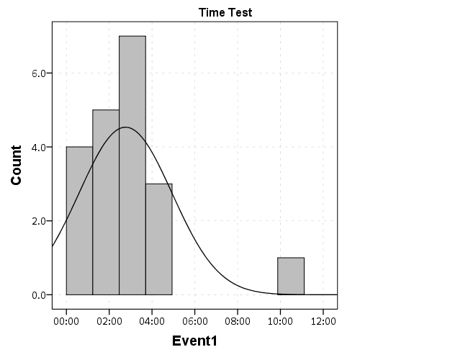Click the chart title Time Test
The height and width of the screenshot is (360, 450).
(x=225, y=12)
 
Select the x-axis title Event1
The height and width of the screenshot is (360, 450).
(x=194, y=341)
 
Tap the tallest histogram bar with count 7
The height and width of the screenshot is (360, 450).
(x=132, y=165)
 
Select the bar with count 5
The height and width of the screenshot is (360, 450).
(x=106, y=202)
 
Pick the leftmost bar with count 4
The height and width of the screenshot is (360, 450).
(x=79, y=220)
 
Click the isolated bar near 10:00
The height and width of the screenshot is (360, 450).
(x=291, y=276)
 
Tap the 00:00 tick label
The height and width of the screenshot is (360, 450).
(x=66, y=320)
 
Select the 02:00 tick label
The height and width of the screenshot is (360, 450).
(x=109, y=320)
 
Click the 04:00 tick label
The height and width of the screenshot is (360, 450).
(x=152, y=320)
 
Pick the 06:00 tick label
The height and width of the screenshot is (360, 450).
(x=194, y=320)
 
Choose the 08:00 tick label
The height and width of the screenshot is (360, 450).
(x=237, y=320)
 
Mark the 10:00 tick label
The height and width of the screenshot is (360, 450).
(x=279, y=320)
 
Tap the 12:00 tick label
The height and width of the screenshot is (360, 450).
(x=322, y=320)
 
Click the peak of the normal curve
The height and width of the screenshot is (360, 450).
(x=126, y=127)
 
